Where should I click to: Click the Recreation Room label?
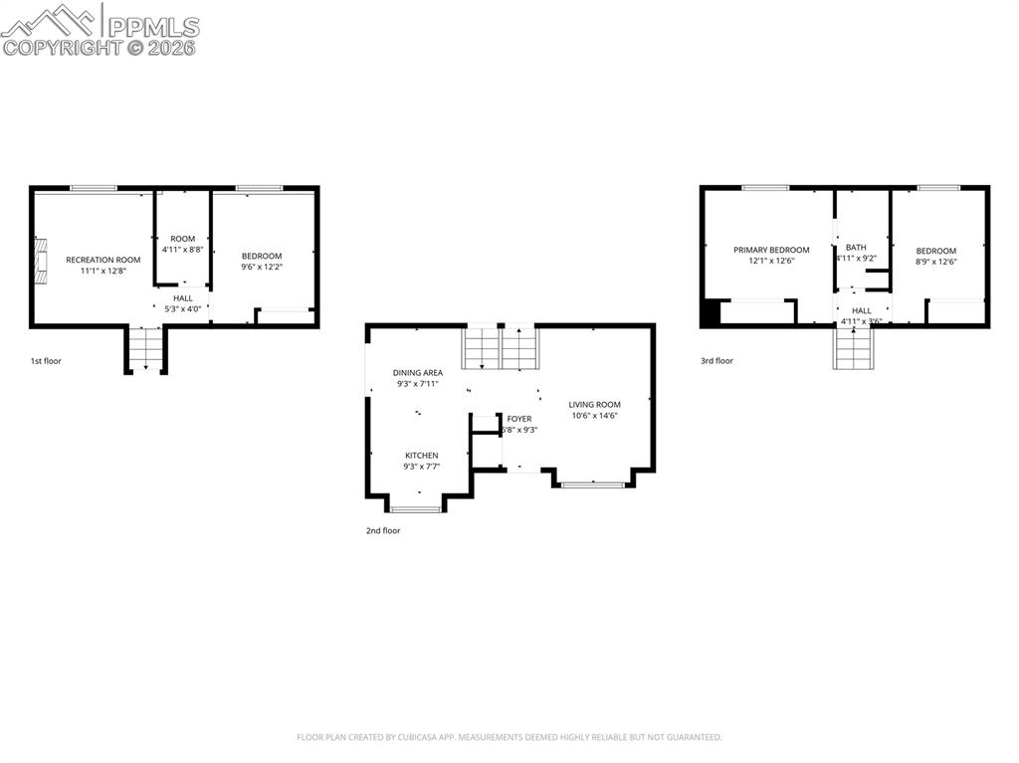[x=102, y=260]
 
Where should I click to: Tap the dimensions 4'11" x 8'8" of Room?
[x=182, y=250]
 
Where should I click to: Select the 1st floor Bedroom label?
[x=262, y=256]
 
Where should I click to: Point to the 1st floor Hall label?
[x=183, y=297]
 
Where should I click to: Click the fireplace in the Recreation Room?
[x=40, y=260]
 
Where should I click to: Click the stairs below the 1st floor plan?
[x=145, y=349]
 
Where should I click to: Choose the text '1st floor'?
[x=45, y=361]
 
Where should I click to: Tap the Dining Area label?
[x=417, y=372]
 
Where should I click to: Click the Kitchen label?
[x=421, y=456]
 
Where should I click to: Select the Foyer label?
[x=519, y=419]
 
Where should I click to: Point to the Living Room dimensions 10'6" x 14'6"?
[x=594, y=416]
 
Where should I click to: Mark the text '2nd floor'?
[x=382, y=531]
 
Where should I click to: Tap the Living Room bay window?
[x=593, y=484]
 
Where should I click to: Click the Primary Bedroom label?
[x=771, y=250]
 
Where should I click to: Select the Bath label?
[x=856, y=247]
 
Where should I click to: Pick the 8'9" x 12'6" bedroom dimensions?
[x=935, y=262]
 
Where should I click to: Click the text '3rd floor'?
[x=716, y=361]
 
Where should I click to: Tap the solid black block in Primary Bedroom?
[x=710, y=313]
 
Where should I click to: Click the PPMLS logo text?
[x=152, y=27]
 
